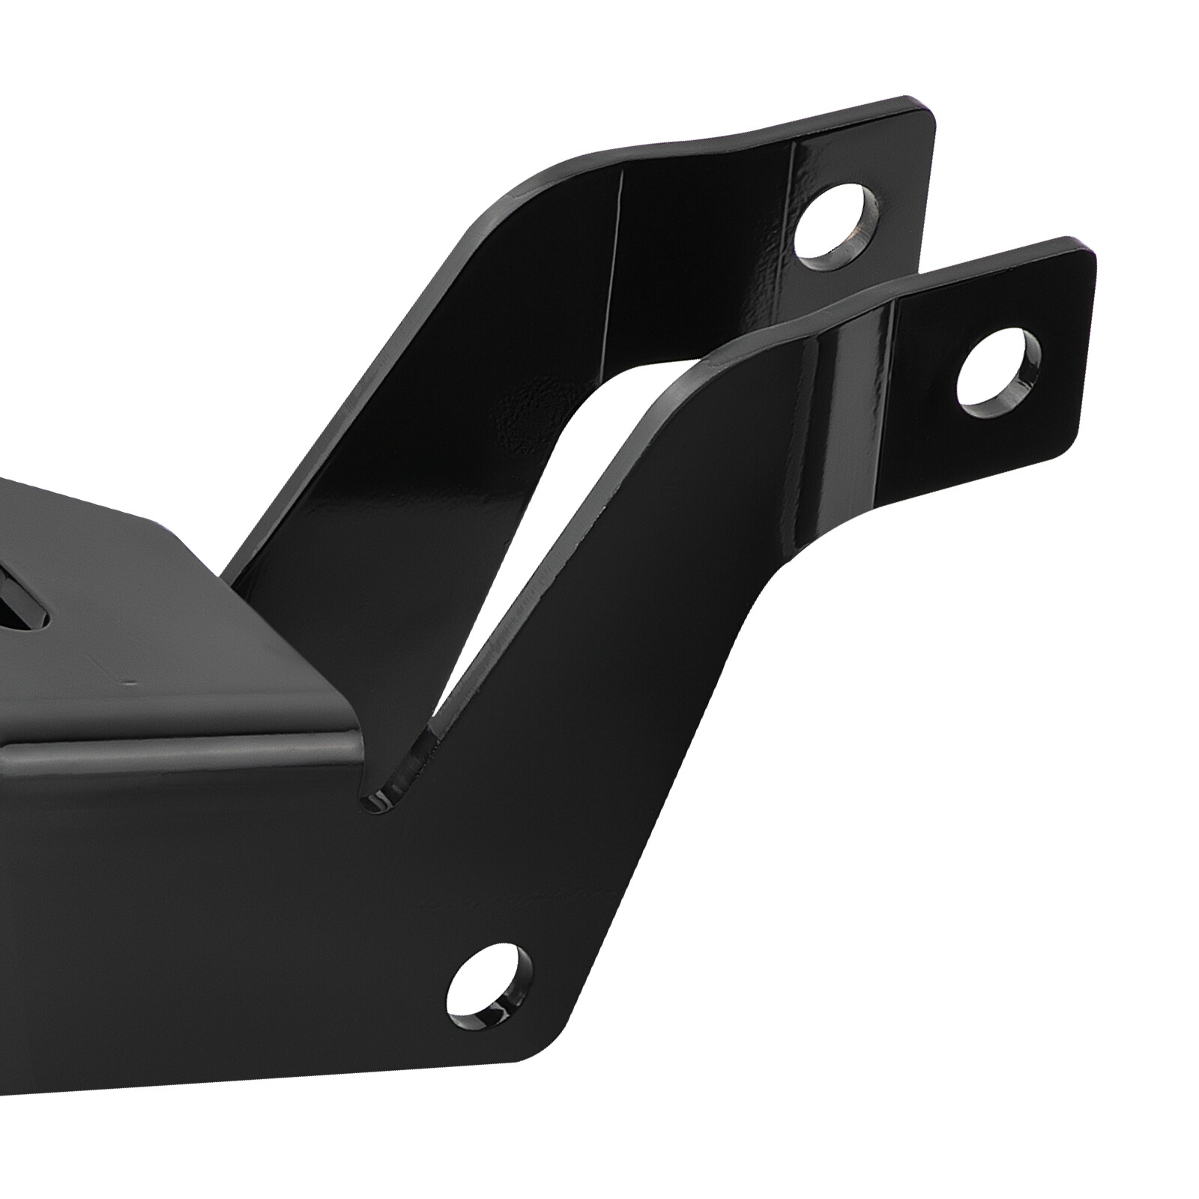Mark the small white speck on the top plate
(x=132, y=683)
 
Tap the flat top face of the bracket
(x=187, y=599)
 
